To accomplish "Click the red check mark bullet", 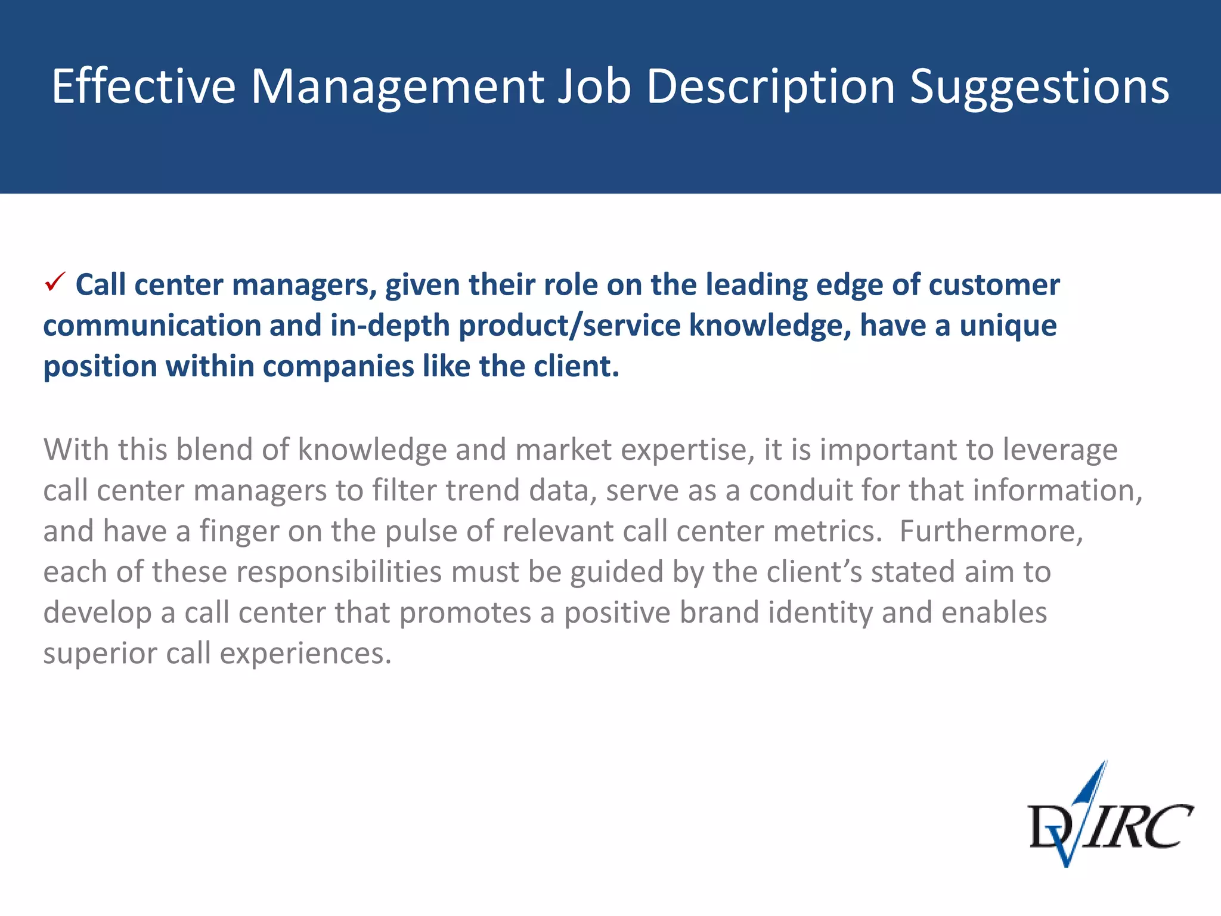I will [55, 282].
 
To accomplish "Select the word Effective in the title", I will [144, 86].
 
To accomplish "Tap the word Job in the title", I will [594, 86].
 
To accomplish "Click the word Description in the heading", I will [771, 88].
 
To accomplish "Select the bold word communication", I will [151, 326].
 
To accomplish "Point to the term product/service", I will [569, 326].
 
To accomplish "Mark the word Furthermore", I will [991, 531].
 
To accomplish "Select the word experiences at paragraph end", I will [305, 653].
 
